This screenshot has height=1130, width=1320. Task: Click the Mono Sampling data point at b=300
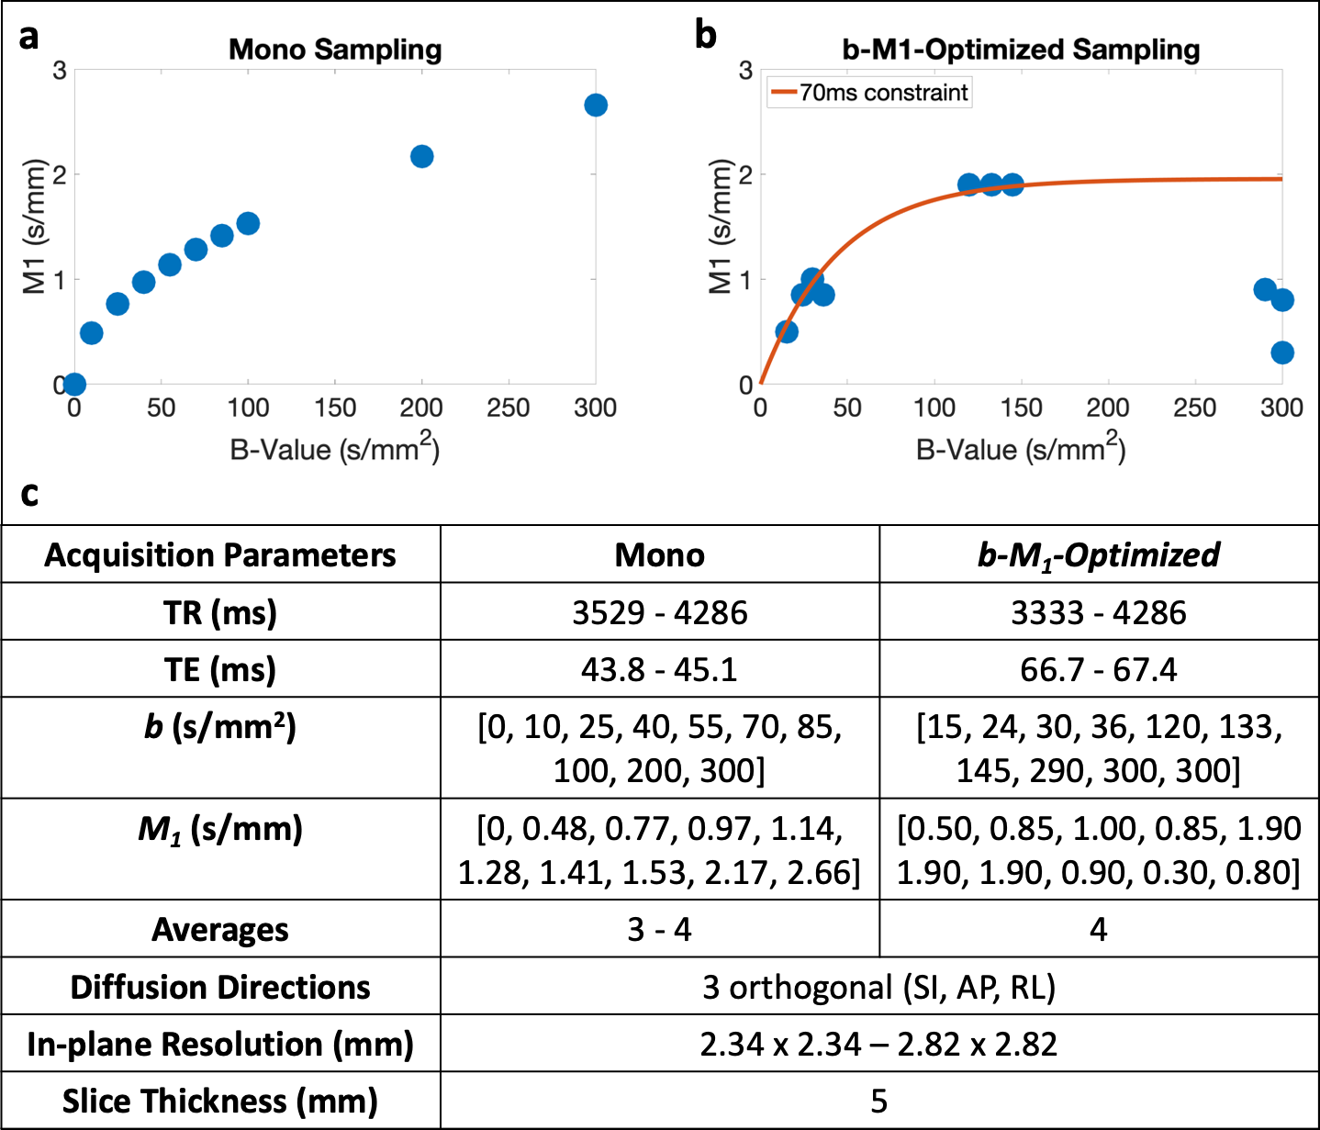tap(595, 106)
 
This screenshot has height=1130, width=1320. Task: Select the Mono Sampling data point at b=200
tap(421, 157)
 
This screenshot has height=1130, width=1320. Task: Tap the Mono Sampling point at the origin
tap(74, 384)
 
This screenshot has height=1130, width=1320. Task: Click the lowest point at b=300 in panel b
tap(1282, 352)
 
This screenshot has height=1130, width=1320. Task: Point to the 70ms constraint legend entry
tap(869, 93)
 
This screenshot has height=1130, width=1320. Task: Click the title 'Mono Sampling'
tap(335, 50)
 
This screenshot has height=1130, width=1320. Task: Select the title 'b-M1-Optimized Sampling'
tap(1021, 50)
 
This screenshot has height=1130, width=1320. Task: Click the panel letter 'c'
tap(29, 494)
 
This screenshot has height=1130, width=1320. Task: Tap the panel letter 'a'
tap(29, 37)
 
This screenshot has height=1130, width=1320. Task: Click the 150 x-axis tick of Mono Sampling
tap(335, 408)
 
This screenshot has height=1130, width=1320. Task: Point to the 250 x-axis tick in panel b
tap(1194, 408)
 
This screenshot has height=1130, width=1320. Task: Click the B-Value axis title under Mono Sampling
tap(335, 449)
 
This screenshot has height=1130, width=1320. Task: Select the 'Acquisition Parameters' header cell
tap(220, 555)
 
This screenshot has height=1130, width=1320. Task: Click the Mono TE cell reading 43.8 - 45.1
tap(659, 669)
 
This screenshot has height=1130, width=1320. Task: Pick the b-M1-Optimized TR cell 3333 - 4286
tap(1099, 612)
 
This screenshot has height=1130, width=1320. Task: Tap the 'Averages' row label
tap(220, 930)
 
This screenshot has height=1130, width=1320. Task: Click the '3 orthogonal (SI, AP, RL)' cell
tap(879, 987)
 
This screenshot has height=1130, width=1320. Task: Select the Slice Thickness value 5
tap(879, 1101)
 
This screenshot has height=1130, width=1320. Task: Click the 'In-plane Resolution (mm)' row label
tap(220, 1044)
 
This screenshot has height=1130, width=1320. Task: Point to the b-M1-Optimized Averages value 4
tap(1099, 930)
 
